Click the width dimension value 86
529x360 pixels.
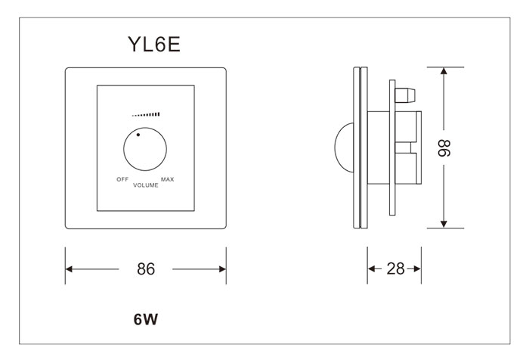coord(145,268)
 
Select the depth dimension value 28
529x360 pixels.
coord(394,268)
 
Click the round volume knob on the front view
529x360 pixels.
coord(146,151)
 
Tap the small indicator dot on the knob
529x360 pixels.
coord(138,135)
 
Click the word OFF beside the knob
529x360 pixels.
coord(121,179)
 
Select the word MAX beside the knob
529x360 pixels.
coord(168,179)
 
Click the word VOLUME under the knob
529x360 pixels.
coord(145,185)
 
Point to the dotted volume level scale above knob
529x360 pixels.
coord(146,115)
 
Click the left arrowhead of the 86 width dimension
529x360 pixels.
coord(70,268)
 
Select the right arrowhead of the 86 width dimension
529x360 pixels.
coord(221,268)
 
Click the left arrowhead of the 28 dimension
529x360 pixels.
coord(372,268)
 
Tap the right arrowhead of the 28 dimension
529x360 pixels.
coord(416,268)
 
